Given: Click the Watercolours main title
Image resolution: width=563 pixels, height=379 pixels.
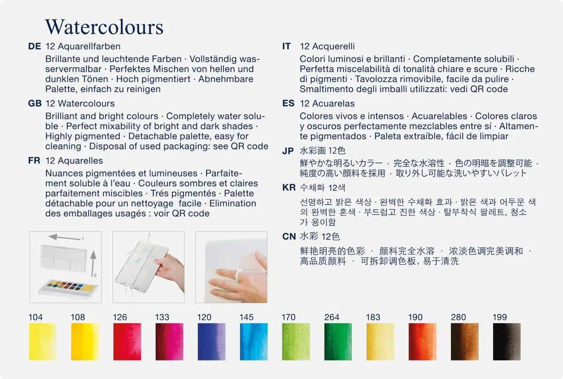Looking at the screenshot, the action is point(104,27).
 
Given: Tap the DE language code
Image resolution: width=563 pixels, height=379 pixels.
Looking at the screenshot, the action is point(34,46).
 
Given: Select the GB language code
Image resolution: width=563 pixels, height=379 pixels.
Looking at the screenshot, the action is point(35,103).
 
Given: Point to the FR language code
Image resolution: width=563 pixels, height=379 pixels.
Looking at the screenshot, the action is point(34,160).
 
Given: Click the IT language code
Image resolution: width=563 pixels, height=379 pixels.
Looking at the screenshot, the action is point(286,46).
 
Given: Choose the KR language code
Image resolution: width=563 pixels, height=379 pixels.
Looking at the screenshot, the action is point(289,188).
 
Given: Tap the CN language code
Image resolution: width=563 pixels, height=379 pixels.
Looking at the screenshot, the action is point(289,236).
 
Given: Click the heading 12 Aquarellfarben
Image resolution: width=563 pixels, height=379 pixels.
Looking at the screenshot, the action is point(83,47).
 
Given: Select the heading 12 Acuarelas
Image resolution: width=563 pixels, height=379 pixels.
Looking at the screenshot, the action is point(327,103).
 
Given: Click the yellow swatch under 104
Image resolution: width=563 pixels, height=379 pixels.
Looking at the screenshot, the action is point(43,342).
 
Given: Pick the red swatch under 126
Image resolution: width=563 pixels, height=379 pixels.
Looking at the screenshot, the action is point(127,342).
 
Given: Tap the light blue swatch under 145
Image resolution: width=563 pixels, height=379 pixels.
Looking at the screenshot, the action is point(254,342).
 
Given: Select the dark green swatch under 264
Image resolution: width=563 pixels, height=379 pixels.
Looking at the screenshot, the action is point(338,342).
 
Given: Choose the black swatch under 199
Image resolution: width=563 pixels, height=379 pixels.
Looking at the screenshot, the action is point(507,342).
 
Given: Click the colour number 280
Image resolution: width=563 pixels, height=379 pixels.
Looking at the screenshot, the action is point(458,317).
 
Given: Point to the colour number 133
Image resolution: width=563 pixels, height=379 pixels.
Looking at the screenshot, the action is point(162,317).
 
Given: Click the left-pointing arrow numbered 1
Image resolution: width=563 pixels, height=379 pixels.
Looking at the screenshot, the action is point(64,237).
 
